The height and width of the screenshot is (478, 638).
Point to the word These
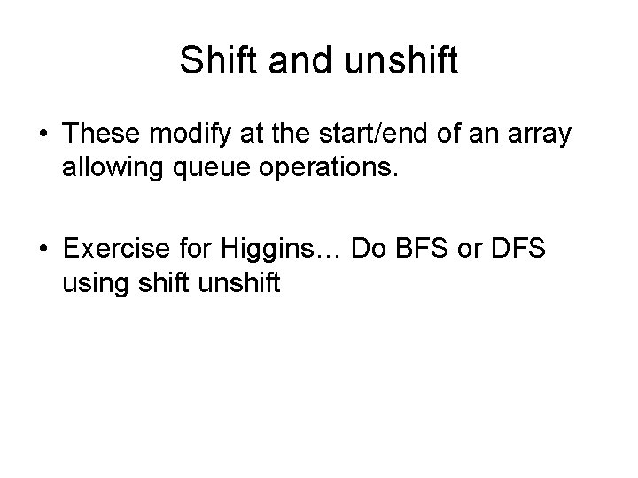point(101,135)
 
